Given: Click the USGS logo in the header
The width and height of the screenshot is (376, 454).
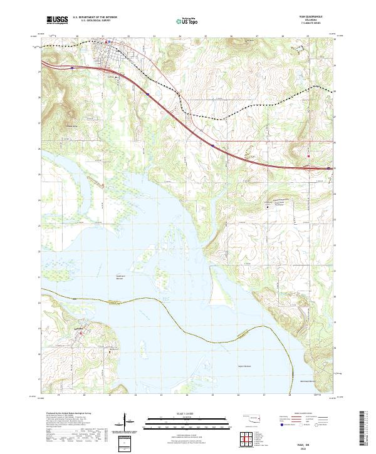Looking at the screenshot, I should (58, 21).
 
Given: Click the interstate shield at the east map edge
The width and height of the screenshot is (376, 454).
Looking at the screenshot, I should (328, 168).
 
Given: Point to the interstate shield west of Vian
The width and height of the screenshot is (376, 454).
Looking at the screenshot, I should (73, 64).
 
